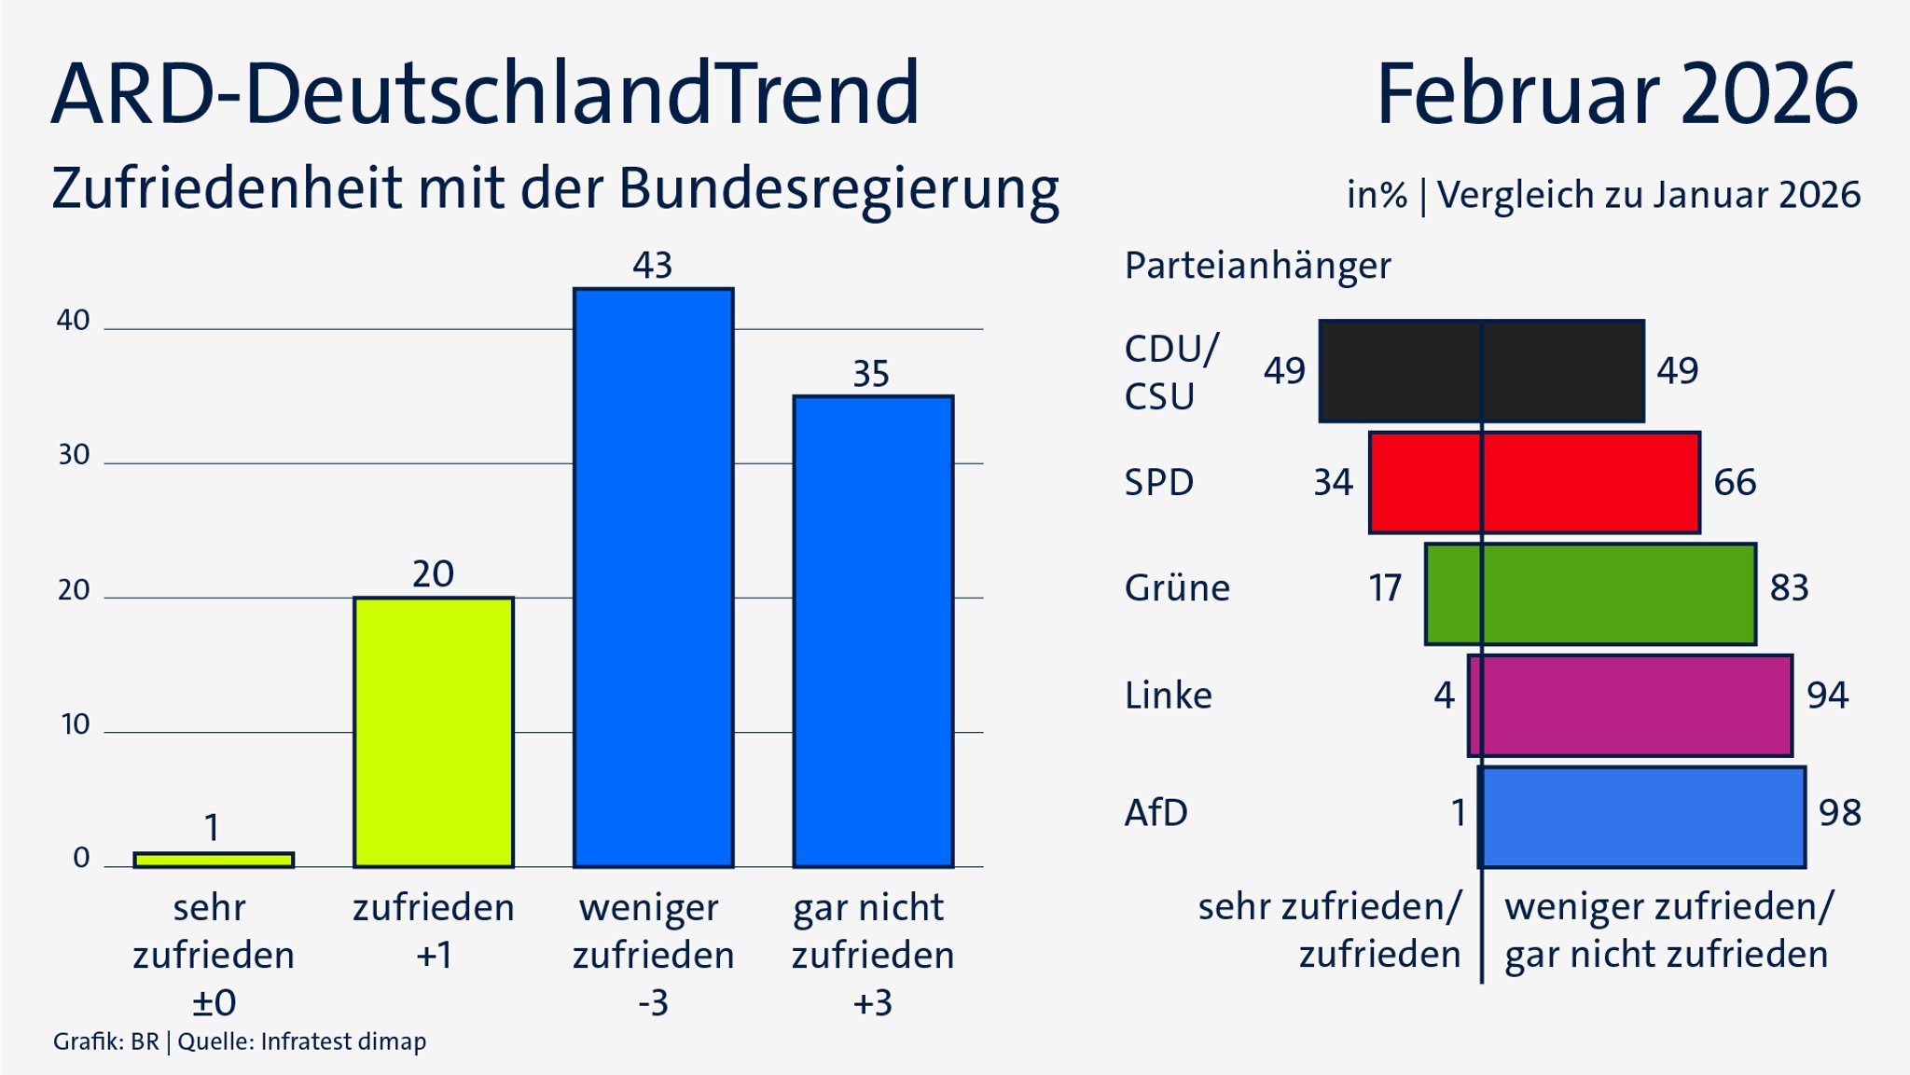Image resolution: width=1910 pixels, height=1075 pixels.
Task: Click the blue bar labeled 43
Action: coord(653,578)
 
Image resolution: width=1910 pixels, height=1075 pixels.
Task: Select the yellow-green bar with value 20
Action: coord(433,732)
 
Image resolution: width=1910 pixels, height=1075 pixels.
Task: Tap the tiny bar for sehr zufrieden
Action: coord(214,860)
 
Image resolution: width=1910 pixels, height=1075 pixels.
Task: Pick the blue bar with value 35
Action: coord(873,631)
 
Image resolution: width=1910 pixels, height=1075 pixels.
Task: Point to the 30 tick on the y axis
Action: coord(74,455)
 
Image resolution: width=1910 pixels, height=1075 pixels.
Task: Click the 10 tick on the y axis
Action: coord(74,724)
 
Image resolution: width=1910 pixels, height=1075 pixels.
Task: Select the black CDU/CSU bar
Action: coord(1481,371)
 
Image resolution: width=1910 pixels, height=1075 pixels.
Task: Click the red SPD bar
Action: coord(1534,482)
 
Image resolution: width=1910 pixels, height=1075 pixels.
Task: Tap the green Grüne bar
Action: coord(1590,594)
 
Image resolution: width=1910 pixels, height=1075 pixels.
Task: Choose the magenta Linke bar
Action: coord(1629,705)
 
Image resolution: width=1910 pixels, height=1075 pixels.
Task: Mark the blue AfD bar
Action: coord(1641,817)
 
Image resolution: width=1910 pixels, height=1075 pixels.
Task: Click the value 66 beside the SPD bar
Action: coord(1735,483)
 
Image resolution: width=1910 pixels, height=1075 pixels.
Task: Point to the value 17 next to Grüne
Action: coord(1385,588)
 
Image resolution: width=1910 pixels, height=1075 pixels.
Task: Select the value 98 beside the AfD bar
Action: coord(1839,813)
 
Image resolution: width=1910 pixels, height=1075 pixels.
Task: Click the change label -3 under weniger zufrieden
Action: coord(653,1003)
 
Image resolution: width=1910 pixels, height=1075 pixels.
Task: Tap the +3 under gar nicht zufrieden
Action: coord(873,1003)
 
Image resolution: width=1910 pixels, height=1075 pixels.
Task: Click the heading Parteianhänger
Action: coord(1257,266)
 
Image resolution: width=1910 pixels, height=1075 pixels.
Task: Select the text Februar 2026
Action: coord(1616,94)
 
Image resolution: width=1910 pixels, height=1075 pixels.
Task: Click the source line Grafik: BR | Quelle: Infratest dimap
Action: coord(240,1041)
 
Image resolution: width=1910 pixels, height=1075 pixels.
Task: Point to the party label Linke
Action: coord(1168,696)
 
